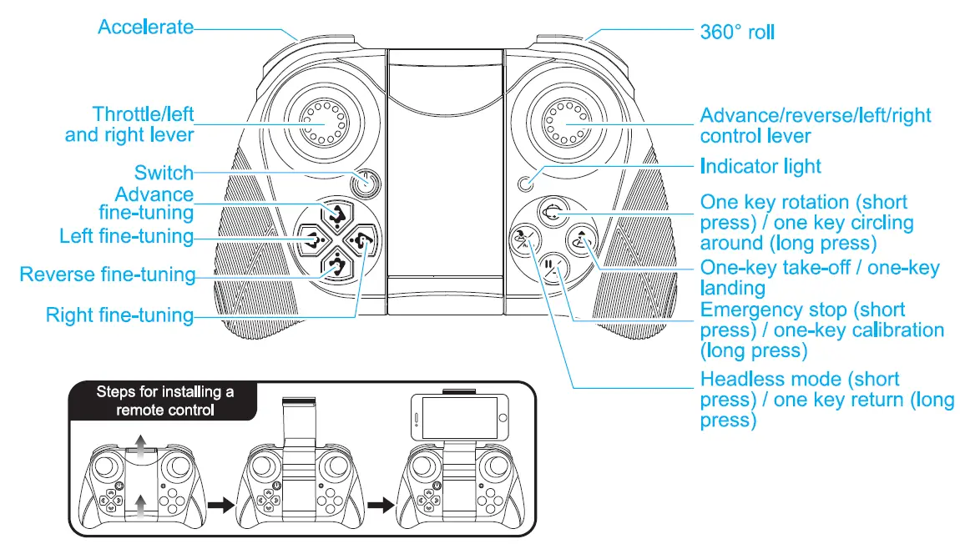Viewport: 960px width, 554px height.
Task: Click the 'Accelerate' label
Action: pos(145,27)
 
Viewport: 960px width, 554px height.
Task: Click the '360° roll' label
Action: pos(737,32)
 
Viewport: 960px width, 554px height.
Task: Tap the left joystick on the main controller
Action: pos(327,124)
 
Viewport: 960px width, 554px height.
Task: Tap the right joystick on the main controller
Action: pos(564,124)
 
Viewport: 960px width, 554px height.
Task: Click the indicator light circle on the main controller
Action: pos(525,184)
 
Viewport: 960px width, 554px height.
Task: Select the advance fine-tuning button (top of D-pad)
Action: pos(336,215)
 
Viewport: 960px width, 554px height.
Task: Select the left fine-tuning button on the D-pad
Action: pos(310,242)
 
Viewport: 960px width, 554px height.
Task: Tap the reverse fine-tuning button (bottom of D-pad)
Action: pos(336,267)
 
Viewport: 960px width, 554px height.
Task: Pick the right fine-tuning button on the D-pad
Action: pos(362,242)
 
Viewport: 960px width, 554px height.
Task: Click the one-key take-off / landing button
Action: pos(581,241)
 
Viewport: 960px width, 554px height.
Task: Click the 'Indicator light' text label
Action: pos(760,166)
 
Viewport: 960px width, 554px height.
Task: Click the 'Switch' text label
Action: pos(164,174)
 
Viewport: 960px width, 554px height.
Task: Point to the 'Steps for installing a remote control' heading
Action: pos(163,400)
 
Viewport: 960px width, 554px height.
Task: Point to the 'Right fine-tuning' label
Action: pos(119,315)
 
